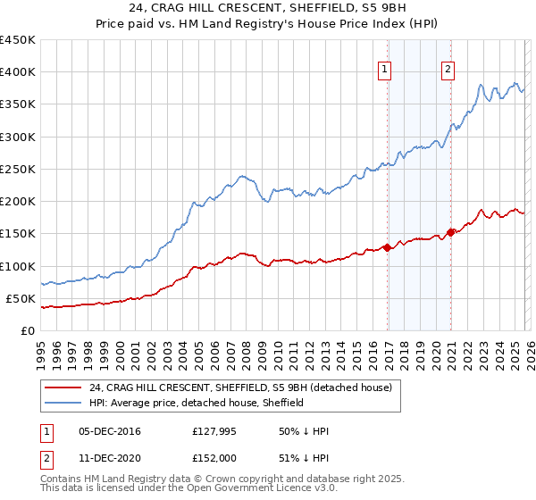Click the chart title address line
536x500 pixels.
[x=268, y=9]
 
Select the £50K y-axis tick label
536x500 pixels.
[x=21, y=298]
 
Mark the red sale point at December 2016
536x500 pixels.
[x=388, y=248]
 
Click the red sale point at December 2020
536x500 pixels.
[x=451, y=232]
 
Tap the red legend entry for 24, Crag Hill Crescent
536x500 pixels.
[x=240, y=387]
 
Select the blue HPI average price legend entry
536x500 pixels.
[x=197, y=403]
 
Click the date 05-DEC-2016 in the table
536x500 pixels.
[x=110, y=431]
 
